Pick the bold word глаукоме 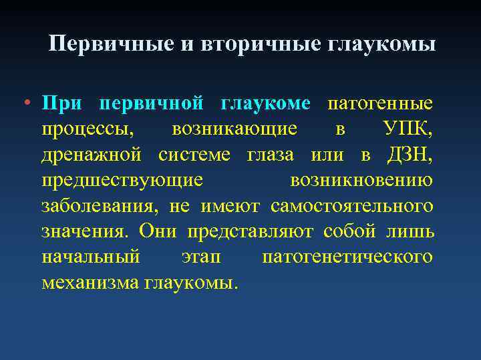[x=265, y=104]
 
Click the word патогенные [x=379, y=104]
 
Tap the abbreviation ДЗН [x=410, y=155]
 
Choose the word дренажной [x=91, y=155]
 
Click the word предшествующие [x=122, y=181]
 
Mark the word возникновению [x=361, y=181]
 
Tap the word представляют [x=252, y=231]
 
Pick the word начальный [x=90, y=257]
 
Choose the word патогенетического [x=347, y=257]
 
